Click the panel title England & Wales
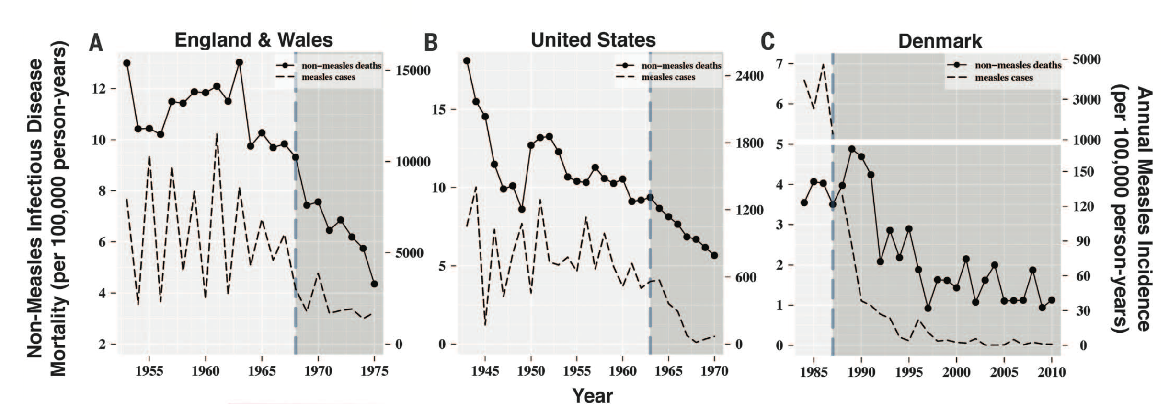[x=253, y=40]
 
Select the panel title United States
[x=593, y=40]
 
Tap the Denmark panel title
[x=940, y=41]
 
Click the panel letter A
[x=96, y=43]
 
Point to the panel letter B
[x=431, y=43]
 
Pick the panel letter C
[x=768, y=42]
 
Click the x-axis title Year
[x=593, y=396]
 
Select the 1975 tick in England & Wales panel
[x=374, y=371]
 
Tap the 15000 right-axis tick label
[x=413, y=71]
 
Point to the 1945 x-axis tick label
[x=485, y=371]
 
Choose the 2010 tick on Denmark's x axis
[x=1052, y=372]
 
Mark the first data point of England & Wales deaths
[x=126, y=63]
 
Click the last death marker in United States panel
[x=714, y=255]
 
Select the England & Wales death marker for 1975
[x=374, y=284]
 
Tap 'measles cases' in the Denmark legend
[x=1004, y=78]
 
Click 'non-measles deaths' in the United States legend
[x=681, y=66]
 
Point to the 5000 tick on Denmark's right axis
[x=1086, y=59]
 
